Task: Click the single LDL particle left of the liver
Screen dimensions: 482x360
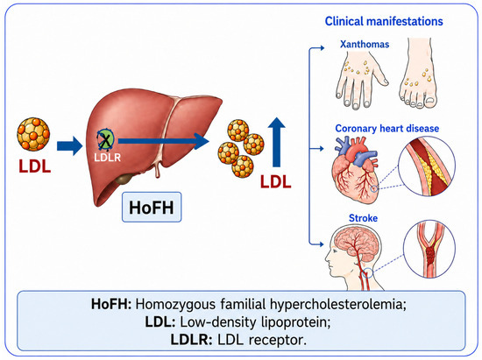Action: (x=33, y=134)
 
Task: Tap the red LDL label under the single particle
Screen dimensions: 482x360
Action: (x=35, y=166)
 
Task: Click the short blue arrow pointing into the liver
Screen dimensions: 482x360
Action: (x=70, y=145)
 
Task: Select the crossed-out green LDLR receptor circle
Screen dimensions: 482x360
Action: (x=105, y=140)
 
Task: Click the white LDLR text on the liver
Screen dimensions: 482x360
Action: (x=107, y=158)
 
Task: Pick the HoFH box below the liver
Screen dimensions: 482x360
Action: (x=152, y=207)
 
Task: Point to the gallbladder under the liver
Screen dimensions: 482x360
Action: (x=124, y=178)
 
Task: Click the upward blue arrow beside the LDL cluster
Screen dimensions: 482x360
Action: (x=277, y=142)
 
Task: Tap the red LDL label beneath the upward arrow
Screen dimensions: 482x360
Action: (x=276, y=181)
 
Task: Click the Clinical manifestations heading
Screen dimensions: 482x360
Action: (x=384, y=21)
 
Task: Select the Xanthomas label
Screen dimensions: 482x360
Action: (x=365, y=44)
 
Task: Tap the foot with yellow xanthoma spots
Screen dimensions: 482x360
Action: (x=419, y=74)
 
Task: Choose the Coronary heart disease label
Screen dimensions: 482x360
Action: (x=387, y=128)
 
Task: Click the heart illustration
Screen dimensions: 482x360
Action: (x=356, y=169)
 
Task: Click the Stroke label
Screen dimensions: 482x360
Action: (x=363, y=218)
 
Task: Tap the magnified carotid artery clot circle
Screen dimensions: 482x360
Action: (x=429, y=249)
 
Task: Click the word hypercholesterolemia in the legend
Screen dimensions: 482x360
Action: (x=338, y=304)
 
